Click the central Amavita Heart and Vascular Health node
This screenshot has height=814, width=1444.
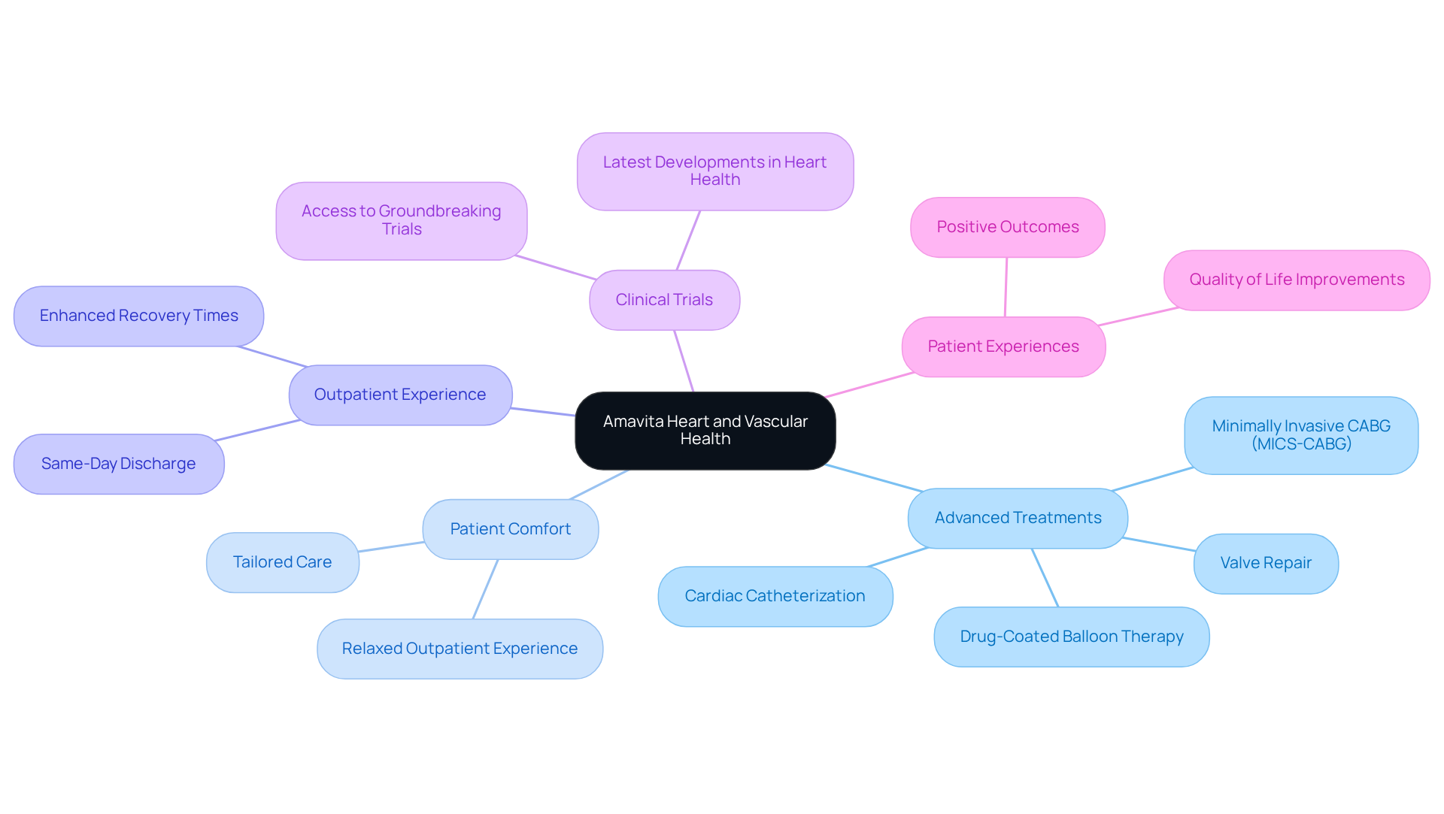(x=705, y=431)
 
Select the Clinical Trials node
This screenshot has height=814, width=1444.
(x=664, y=300)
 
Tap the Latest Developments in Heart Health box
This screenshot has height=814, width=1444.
(x=714, y=171)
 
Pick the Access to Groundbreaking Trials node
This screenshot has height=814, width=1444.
(x=401, y=220)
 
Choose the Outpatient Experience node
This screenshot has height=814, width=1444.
(x=400, y=395)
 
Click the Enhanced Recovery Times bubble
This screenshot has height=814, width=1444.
(x=138, y=316)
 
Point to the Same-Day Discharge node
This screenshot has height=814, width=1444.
(x=119, y=464)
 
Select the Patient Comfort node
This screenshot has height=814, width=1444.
(x=510, y=529)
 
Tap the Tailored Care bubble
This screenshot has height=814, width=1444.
(x=282, y=562)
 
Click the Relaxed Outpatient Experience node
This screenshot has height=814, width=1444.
(x=460, y=649)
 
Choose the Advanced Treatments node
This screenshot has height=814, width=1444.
(x=1017, y=518)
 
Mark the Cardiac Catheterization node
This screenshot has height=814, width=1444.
(x=775, y=596)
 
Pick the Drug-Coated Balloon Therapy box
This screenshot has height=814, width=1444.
(x=1071, y=637)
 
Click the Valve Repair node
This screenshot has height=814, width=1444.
(x=1265, y=563)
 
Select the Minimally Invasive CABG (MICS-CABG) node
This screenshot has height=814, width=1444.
(x=1300, y=435)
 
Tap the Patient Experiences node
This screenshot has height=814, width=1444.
(x=1003, y=346)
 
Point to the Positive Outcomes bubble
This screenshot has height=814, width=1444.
(x=1007, y=227)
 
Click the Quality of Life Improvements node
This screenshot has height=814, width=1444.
(x=1296, y=280)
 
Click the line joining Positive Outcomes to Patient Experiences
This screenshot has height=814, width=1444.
(x=1006, y=287)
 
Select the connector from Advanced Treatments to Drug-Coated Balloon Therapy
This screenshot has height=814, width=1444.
(x=1045, y=577)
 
